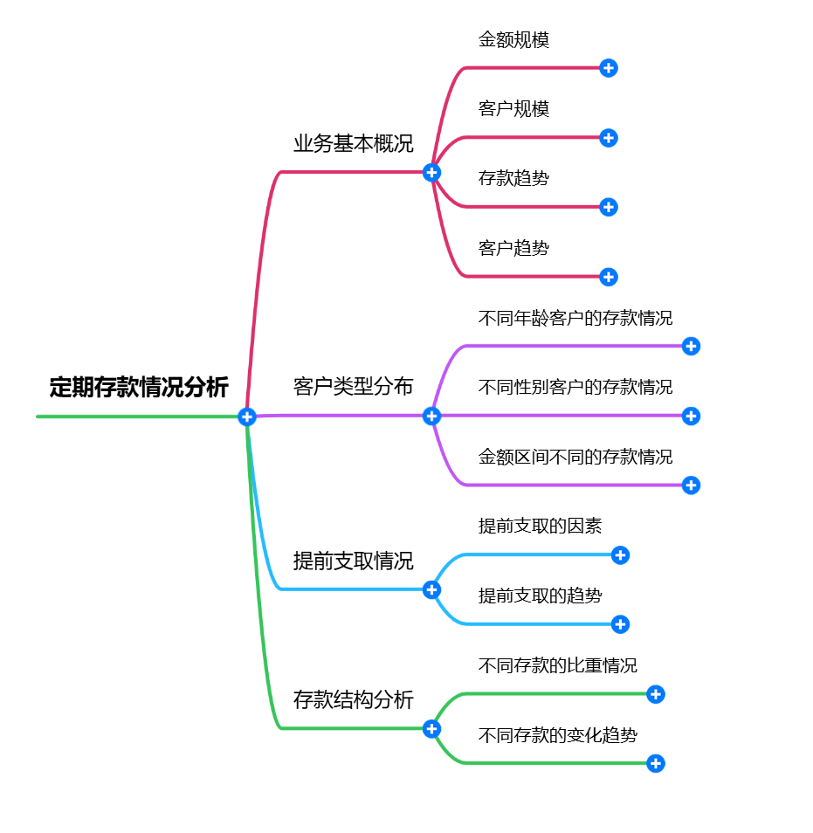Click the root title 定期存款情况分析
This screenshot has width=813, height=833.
(x=139, y=387)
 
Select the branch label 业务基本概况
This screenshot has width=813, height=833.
(x=353, y=144)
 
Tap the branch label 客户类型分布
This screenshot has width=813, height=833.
(x=353, y=387)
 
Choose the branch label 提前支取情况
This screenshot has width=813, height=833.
(x=353, y=561)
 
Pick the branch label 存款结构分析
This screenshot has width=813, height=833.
(x=353, y=699)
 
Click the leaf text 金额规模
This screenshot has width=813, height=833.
(x=513, y=40)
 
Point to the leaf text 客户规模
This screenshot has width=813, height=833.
(x=513, y=109)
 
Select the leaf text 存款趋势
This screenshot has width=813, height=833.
(x=513, y=179)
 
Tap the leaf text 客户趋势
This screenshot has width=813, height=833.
(x=513, y=248)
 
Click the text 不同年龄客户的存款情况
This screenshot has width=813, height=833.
(x=575, y=318)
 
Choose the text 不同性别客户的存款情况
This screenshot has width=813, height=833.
(x=575, y=387)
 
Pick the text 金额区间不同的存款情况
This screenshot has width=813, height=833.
(x=575, y=457)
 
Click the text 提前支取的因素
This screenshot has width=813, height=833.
(x=540, y=526)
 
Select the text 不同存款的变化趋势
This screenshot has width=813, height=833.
(x=558, y=734)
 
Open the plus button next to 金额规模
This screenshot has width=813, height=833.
(x=609, y=68)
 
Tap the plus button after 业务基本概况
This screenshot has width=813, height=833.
(x=431, y=172)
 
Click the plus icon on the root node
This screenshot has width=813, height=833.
(x=247, y=416)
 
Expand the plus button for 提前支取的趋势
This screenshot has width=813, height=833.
(x=620, y=624)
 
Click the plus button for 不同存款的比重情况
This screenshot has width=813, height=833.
(x=656, y=694)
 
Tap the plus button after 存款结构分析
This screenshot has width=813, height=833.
(x=431, y=728)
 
